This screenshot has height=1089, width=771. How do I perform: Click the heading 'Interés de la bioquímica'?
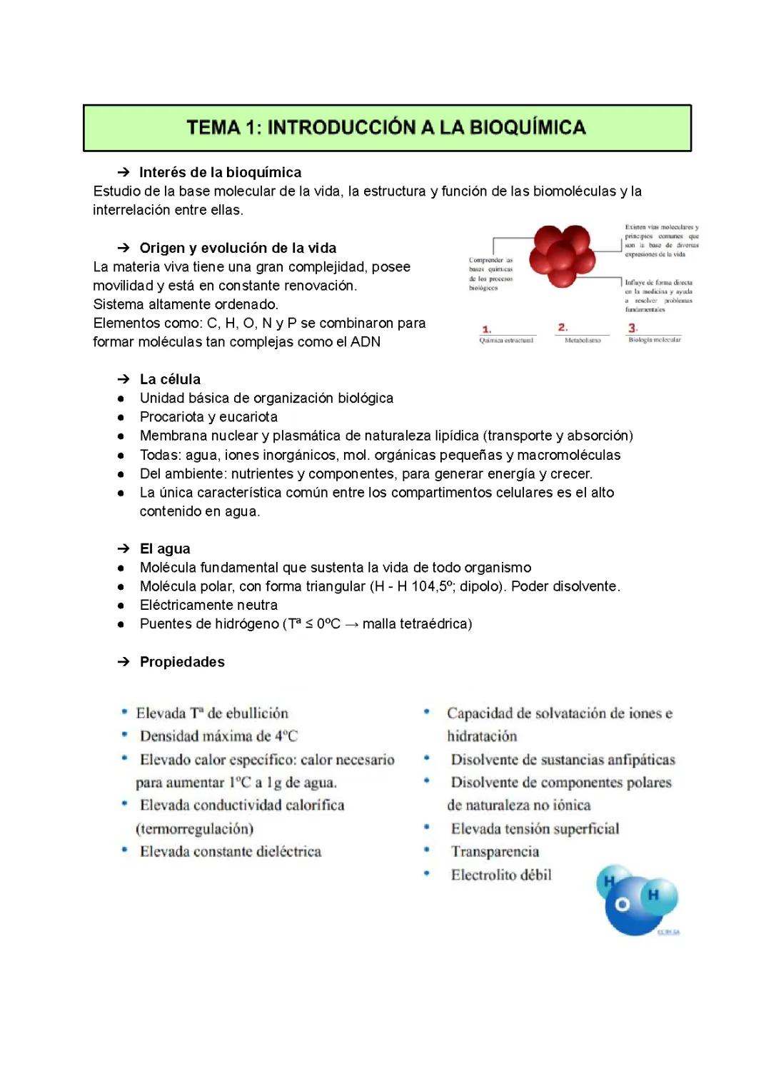coord(220,172)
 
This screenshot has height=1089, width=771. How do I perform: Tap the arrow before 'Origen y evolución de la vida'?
coord(124,248)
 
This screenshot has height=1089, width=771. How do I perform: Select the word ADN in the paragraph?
coord(365,342)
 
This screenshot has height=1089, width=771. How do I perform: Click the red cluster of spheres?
coord(563,254)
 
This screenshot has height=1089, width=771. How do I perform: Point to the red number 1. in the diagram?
coord(487,329)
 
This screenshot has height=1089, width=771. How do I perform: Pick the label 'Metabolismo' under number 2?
coord(583,341)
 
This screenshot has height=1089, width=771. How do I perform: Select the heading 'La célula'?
coord(170,379)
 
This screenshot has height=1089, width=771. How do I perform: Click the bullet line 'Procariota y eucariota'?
coord(208,417)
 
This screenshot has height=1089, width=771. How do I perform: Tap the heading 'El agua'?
coord(165,548)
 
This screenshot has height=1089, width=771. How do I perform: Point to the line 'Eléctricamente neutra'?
coord(208,605)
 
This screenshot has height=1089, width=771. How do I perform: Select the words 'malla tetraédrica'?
coord(417,624)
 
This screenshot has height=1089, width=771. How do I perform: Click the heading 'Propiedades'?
coord(182,662)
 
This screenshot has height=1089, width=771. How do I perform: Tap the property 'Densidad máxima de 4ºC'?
coord(218,736)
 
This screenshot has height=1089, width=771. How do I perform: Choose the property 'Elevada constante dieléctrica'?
coord(230,851)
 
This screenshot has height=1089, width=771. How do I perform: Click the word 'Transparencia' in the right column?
coord(495,851)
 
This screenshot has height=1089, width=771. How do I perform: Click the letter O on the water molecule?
coord(622,905)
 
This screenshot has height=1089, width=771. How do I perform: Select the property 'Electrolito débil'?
coord(501,875)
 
